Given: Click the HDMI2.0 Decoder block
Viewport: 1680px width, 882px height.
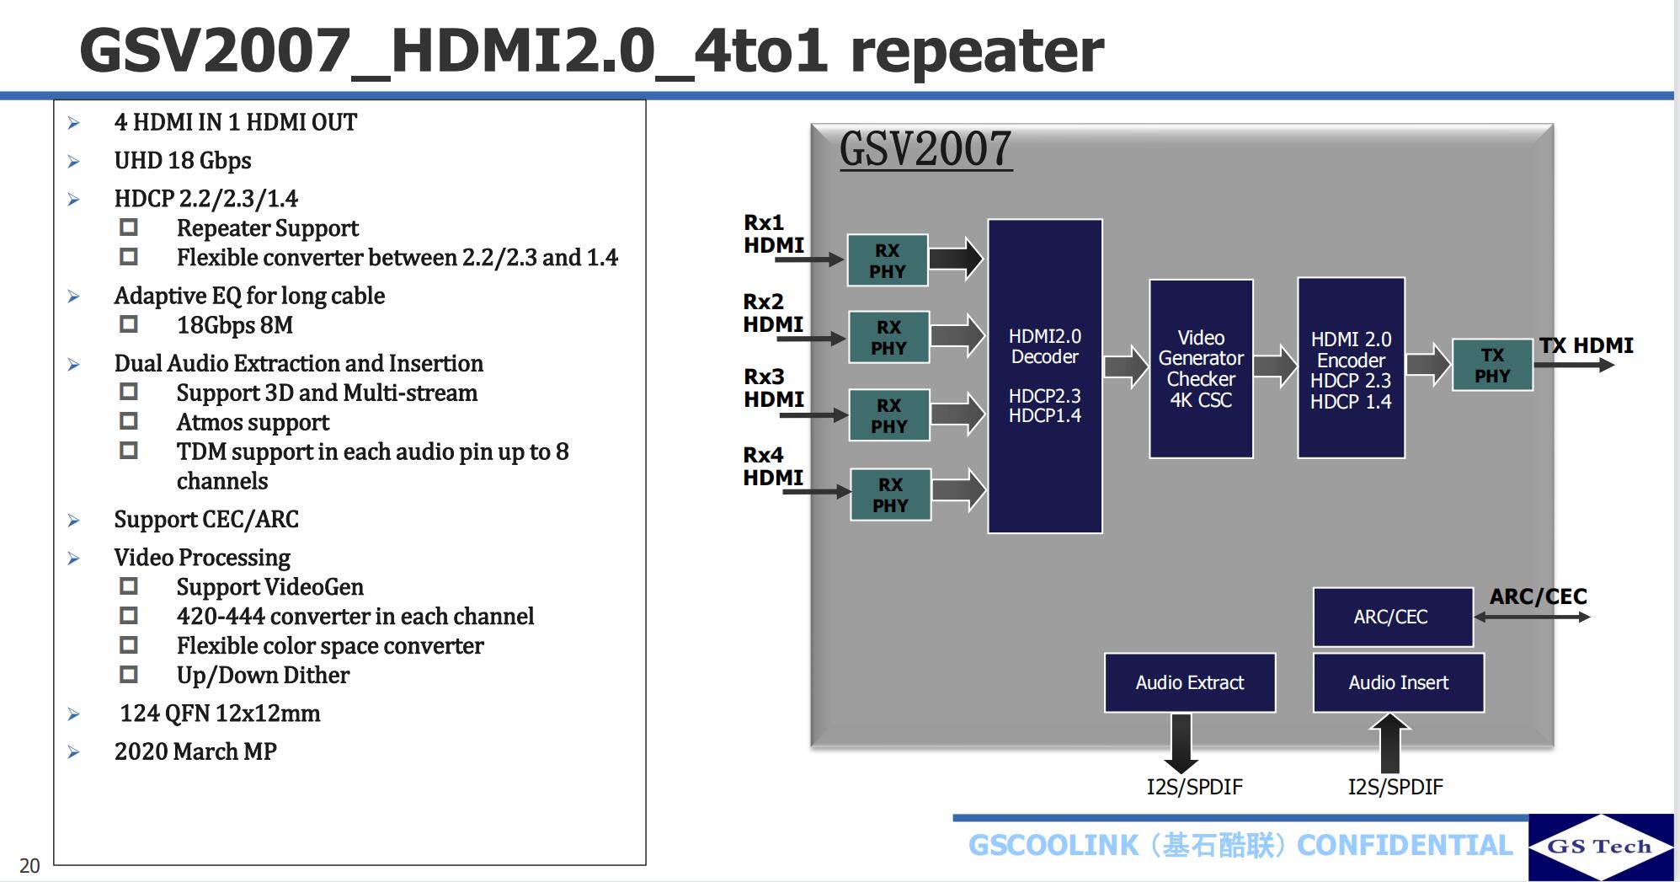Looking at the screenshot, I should pyautogui.click(x=1044, y=376).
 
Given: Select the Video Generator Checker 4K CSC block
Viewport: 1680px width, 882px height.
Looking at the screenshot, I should pyautogui.click(x=1201, y=369).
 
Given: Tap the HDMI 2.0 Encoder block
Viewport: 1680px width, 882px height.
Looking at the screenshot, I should pyautogui.click(x=1351, y=368).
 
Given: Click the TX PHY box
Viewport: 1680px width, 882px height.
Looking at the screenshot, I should pyautogui.click(x=1492, y=366).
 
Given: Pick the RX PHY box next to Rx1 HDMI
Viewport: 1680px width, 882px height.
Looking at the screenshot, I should pyautogui.click(x=888, y=260).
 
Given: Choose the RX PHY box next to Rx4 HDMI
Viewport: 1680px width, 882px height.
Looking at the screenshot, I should pyautogui.click(x=890, y=494).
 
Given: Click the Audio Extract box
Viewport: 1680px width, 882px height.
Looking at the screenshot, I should pyautogui.click(x=1189, y=682).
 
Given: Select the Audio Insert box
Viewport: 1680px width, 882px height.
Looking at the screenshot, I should pyautogui.click(x=1398, y=682).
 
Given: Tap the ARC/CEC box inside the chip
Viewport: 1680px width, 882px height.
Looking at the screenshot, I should pyautogui.click(x=1391, y=617).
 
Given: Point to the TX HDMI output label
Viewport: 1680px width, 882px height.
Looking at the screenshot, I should pyautogui.click(x=1587, y=345).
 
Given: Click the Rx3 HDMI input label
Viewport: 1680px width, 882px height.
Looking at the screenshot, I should pyautogui.click(x=773, y=388).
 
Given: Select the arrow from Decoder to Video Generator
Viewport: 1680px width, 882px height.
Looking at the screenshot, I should pyautogui.click(x=1126, y=367).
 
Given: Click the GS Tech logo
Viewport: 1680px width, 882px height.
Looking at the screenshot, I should pyautogui.click(x=1600, y=847).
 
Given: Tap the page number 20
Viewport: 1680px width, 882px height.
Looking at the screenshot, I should pyautogui.click(x=29, y=866).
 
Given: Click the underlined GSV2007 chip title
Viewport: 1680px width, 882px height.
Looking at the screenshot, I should pyautogui.click(x=925, y=149).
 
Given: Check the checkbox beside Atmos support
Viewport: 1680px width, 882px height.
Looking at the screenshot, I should pyautogui.click(x=129, y=421).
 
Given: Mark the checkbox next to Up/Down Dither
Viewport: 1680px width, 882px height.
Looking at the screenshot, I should pyautogui.click(x=129, y=674).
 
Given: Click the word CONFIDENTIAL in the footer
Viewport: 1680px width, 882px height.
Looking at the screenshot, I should pyautogui.click(x=1405, y=845).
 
